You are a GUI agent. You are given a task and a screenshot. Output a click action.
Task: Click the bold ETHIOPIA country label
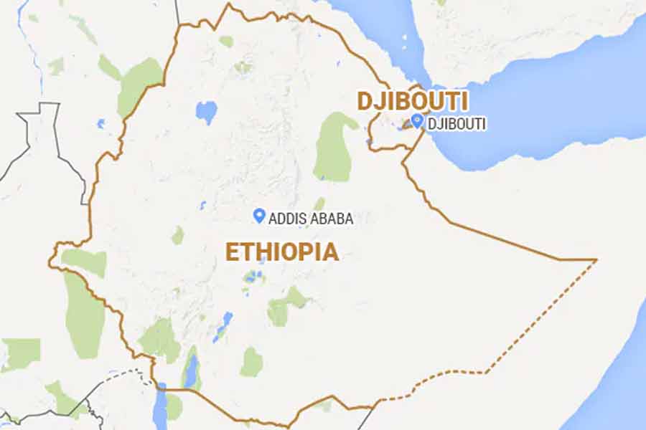(x=282, y=252)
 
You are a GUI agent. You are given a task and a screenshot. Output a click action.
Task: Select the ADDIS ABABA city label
(x=311, y=219)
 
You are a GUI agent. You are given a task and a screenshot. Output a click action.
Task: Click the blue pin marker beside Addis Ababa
(x=259, y=215)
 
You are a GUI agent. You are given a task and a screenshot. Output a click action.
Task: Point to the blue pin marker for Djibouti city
(x=417, y=122)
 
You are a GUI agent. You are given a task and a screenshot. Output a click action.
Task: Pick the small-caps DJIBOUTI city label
(x=457, y=124)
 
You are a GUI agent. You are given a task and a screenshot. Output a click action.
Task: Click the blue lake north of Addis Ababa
(x=207, y=112)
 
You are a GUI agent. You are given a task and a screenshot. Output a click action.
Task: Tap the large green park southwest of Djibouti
(x=334, y=147)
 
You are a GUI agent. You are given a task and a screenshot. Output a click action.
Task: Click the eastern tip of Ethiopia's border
(x=596, y=259)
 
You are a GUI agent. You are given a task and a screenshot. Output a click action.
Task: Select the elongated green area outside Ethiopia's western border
(x=84, y=315)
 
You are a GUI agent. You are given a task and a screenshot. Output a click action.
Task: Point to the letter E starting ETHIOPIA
(x=232, y=252)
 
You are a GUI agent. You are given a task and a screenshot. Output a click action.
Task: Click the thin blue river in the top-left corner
(x=36, y=43)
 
